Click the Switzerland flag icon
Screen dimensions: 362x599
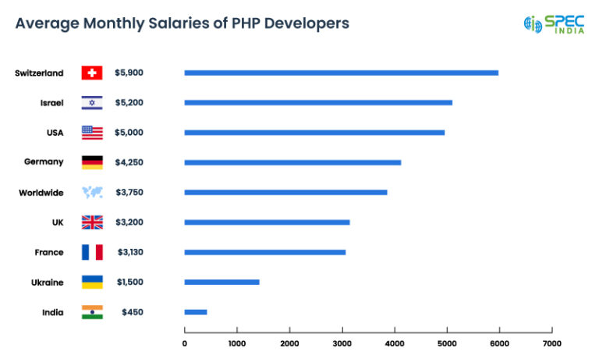[x=92, y=73]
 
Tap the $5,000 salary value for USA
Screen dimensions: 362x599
[x=129, y=133]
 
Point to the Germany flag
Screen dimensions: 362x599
[x=92, y=162]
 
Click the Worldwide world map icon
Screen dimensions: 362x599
[x=92, y=192]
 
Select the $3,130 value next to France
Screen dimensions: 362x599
[x=129, y=252]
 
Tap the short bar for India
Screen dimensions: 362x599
[x=195, y=312]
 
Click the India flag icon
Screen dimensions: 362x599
[x=92, y=312]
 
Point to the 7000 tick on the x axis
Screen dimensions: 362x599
[x=551, y=342]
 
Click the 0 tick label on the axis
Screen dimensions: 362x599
[x=185, y=342]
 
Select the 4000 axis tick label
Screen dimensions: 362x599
[x=394, y=342]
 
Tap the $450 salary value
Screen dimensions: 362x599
[x=133, y=312]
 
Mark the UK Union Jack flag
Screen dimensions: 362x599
[x=92, y=222]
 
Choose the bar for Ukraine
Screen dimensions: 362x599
[x=222, y=282]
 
